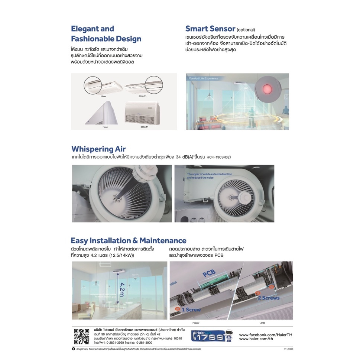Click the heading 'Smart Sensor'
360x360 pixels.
point(210,29)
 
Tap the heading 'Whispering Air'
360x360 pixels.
point(98,149)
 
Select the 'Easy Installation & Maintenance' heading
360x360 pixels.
point(129,240)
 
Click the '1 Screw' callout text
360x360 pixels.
point(191,309)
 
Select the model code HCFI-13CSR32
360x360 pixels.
point(216,157)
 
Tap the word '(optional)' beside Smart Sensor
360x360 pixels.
point(246,30)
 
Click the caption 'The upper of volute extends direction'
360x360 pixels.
point(209,174)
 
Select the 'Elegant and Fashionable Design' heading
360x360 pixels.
point(106,33)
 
